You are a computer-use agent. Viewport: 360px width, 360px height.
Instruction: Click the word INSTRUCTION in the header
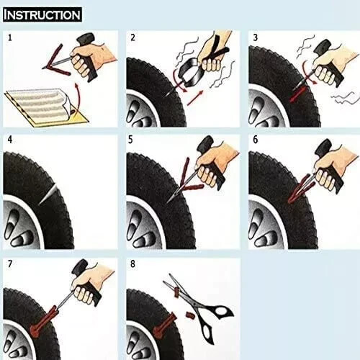42,14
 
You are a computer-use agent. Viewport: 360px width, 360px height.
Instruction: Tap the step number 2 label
132,36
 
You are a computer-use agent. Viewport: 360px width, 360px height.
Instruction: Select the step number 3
255,36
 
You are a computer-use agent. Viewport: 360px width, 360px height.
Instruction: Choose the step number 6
255,138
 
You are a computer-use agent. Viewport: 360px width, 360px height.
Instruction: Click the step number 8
132,264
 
